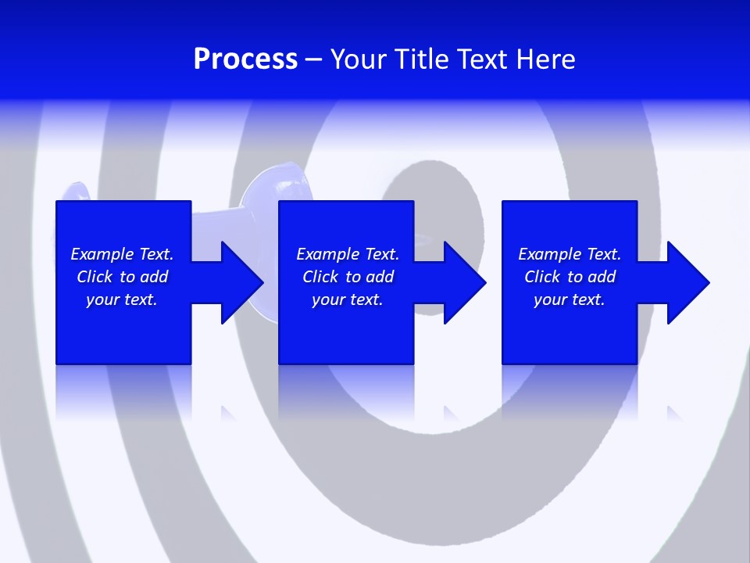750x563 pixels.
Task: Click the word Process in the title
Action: tap(245, 59)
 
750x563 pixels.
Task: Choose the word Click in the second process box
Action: tap(321, 277)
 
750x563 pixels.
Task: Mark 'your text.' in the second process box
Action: tap(347, 299)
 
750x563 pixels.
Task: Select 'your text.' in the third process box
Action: tap(569, 299)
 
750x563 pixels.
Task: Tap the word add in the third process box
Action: tap(602, 277)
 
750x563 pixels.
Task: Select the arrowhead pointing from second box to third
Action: tap(464, 282)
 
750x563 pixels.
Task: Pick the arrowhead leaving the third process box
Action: tap(687, 282)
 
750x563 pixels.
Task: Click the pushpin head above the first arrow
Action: tap(270, 188)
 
